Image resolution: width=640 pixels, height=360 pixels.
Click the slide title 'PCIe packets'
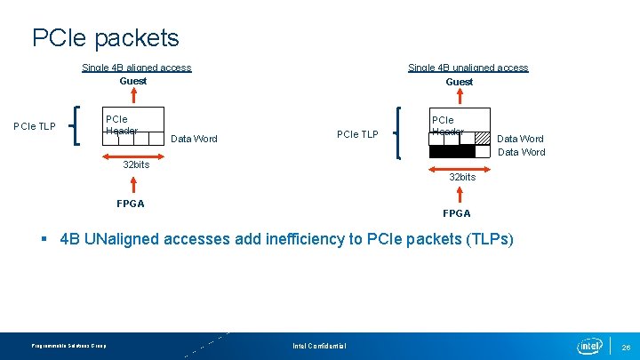tap(105, 37)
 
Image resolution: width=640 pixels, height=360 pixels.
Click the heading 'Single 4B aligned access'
tap(136, 68)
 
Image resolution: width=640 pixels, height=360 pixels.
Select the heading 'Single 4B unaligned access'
tap(468, 68)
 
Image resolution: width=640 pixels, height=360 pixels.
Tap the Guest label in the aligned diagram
tap(133, 81)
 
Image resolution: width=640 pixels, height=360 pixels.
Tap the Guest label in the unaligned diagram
tap(459, 82)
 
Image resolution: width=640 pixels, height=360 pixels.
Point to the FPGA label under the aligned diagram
tap(131, 204)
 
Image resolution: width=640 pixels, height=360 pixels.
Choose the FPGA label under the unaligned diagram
tap(457, 213)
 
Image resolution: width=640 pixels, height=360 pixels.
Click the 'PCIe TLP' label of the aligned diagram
tap(35, 126)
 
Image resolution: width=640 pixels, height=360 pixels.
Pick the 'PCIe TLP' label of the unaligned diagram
tap(357, 134)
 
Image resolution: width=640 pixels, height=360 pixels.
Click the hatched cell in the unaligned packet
tap(482, 138)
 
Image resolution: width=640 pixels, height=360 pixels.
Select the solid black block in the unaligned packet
tap(452, 151)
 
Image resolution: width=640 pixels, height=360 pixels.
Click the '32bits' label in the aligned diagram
tap(136, 164)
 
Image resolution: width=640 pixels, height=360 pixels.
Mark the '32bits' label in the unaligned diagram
tap(462, 177)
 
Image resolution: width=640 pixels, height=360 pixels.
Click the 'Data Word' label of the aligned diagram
tap(194, 139)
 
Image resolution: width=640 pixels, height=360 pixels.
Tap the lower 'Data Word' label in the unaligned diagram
tap(522, 152)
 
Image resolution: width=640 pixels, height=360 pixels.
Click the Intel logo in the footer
tap(589, 345)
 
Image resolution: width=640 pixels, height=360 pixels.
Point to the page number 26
tap(626, 347)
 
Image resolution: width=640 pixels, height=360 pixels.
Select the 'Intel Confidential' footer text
tap(319, 346)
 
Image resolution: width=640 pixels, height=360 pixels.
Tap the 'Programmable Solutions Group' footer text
tap(68, 346)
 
